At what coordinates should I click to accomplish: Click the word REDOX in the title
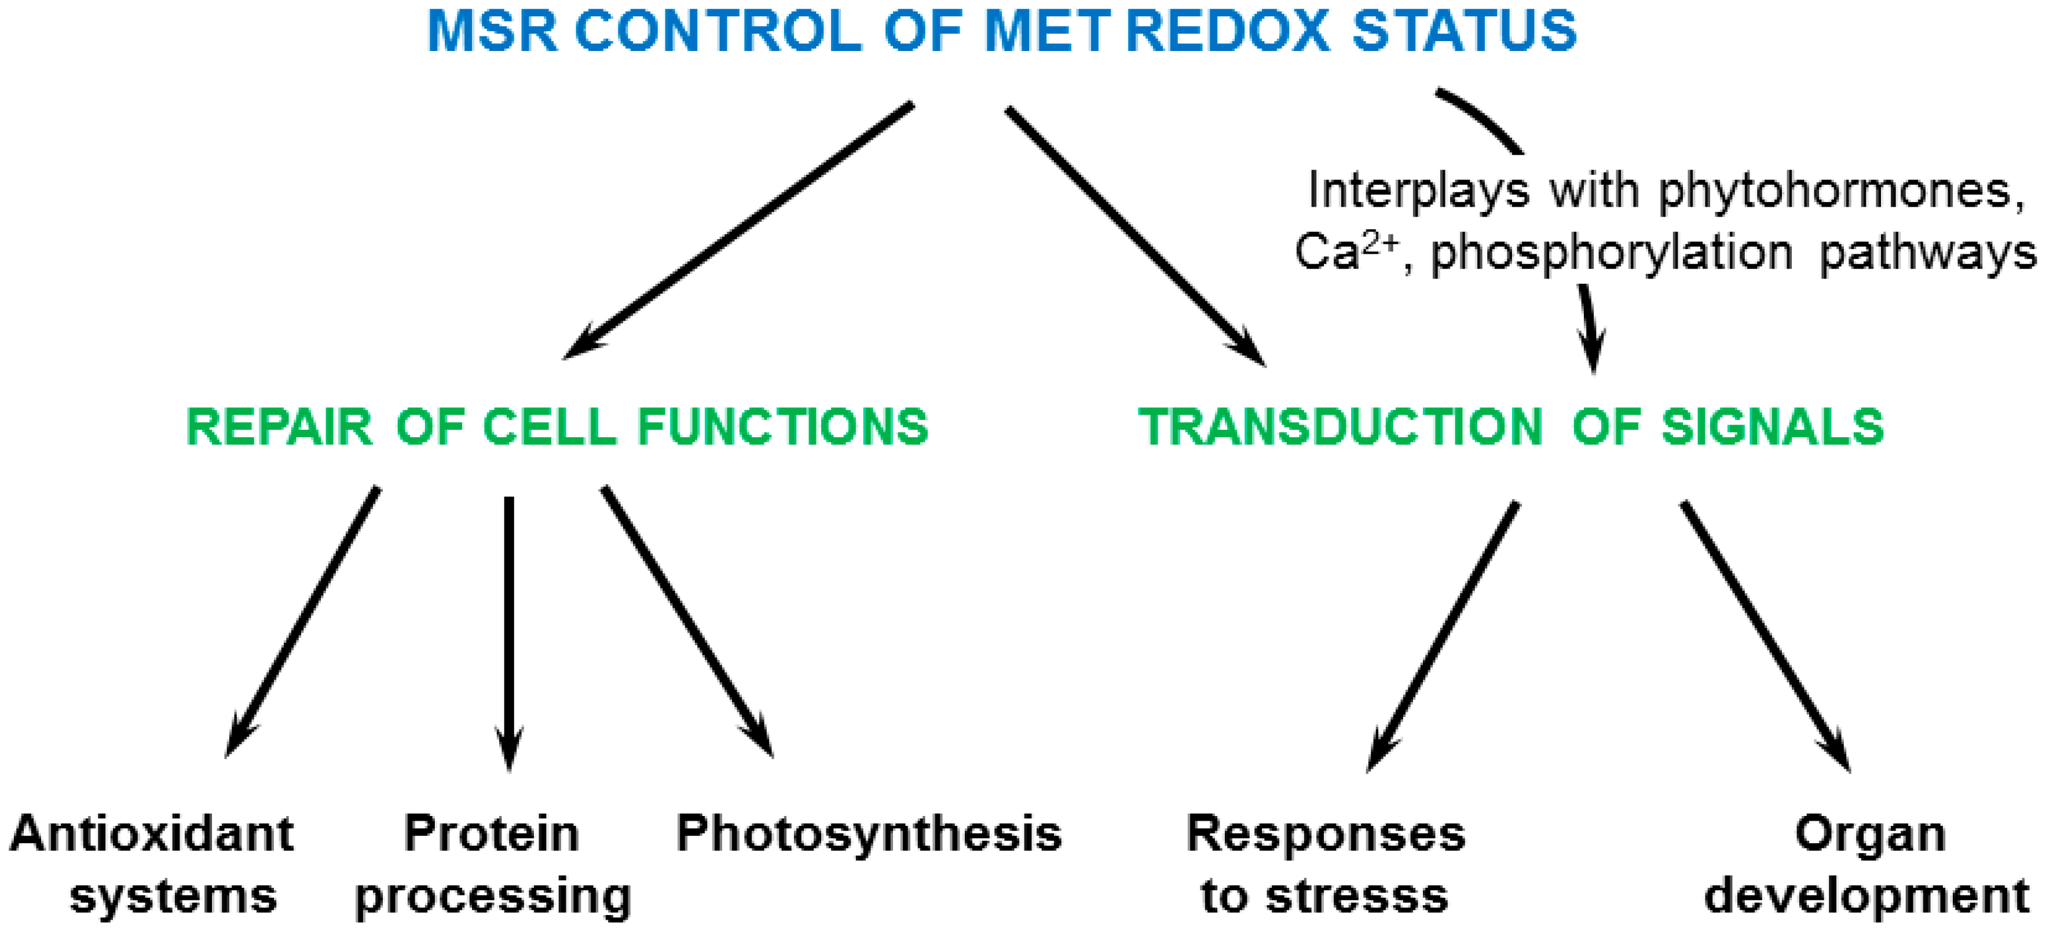pos(1227,32)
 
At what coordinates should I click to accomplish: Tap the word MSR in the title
pos(492,32)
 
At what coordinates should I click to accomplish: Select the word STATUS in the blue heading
pos(1464,32)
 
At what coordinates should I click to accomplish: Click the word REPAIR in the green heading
pos(279,427)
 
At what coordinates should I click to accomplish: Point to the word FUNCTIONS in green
pos(782,427)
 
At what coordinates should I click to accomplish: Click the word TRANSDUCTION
pos(1341,427)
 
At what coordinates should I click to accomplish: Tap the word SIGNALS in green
pos(1773,427)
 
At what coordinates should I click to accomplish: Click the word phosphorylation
pos(1612,254)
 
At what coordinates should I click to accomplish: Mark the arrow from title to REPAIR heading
pos(739,230)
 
